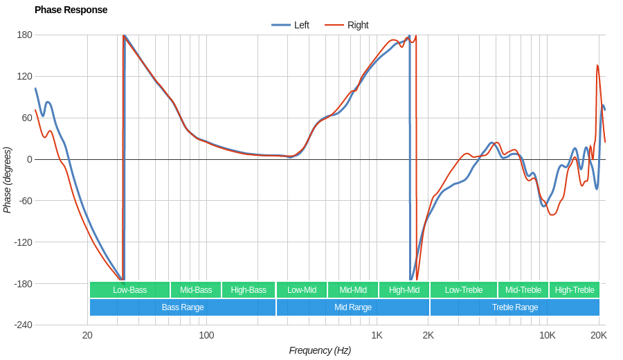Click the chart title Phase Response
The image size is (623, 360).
coord(71,10)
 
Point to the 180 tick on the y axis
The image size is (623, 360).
coord(24,35)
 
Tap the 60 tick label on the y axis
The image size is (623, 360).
coord(26,118)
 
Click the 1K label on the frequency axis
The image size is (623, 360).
coord(377,336)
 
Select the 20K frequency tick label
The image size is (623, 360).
coord(599,336)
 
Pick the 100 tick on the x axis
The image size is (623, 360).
coord(206,336)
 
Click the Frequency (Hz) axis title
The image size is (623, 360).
coord(320,350)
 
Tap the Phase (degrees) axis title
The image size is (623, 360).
coord(8,180)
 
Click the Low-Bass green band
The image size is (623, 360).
coord(129,290)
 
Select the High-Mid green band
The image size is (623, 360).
coord(404,290)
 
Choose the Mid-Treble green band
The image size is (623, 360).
coord(523,290)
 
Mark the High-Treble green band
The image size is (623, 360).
coord(575,290)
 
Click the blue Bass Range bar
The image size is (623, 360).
coord(183,307)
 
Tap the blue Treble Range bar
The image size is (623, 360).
coord(515,307)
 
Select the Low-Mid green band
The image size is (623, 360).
coord(302,290)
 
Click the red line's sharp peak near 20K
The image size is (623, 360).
coord(597,66)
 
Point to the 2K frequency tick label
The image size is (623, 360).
coord(428,336)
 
